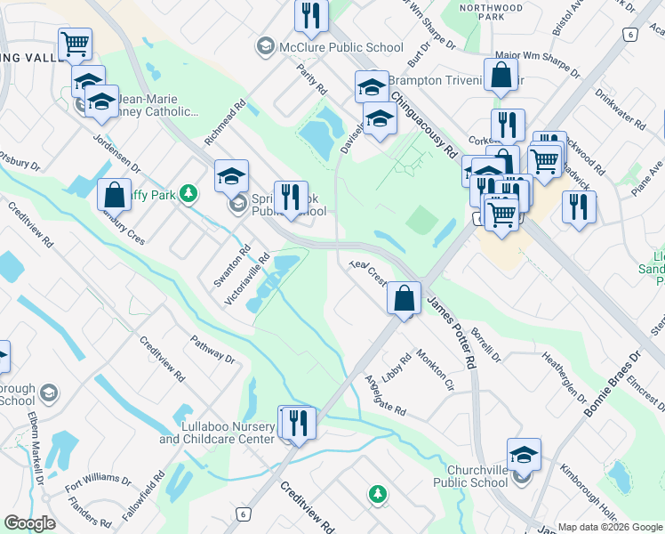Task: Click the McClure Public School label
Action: (334, 46)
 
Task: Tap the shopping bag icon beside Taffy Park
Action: (115, 194)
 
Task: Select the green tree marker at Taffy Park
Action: (188, 193)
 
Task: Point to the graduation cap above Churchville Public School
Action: (524, 454)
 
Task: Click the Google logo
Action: (30, 523)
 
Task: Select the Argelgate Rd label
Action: (385, 395)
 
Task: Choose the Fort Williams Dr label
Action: (98, 476)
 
